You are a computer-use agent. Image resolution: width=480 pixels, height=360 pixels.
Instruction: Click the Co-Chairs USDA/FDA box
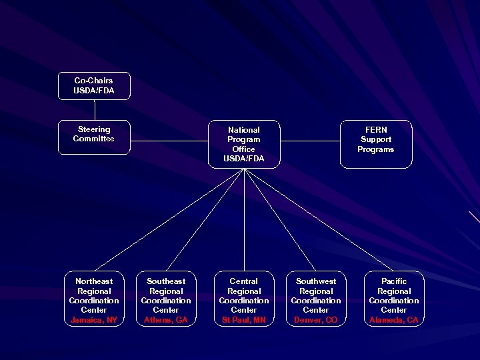tap(94, 86)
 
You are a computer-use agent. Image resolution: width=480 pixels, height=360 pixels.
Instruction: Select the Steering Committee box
tap(94, 137)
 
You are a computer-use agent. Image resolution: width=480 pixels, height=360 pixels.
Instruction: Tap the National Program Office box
tap(244, 144)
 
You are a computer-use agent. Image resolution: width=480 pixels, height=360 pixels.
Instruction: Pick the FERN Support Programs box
tap(375, 144)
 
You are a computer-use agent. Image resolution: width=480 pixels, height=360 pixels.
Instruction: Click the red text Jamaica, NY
tap(94, 320)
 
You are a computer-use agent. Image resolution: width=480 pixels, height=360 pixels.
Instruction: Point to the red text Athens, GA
tap(166, 320)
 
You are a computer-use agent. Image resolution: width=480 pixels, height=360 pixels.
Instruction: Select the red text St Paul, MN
tap(244, 320)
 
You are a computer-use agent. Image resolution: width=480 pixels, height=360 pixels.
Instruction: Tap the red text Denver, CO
tap(316, 320)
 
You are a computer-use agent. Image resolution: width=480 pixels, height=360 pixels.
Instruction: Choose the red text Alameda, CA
tap(394, 320)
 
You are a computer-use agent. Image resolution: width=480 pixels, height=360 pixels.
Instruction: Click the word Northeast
tap(94, 281)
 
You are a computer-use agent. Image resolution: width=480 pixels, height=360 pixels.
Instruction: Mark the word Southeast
tap(166, 281)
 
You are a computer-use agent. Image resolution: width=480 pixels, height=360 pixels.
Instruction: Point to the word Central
tap(244, 281)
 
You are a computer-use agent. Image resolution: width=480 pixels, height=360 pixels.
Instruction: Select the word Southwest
tap(316, 281)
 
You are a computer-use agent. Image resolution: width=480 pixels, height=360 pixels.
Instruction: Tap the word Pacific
tap(394, 281)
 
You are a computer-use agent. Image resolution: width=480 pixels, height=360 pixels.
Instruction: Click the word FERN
tap(376, 130)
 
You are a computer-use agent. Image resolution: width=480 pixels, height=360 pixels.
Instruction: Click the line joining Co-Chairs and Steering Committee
tap(95, 110)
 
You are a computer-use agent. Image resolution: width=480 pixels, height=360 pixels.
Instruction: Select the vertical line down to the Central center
tap(245, 220)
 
